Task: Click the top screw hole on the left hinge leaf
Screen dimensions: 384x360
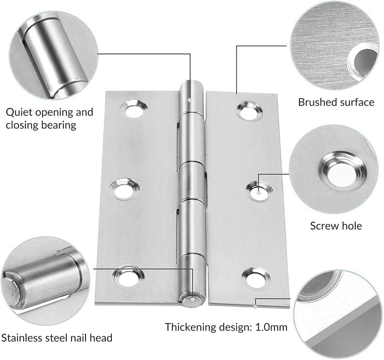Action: [134, 110]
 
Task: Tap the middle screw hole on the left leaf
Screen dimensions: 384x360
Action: [124, 189]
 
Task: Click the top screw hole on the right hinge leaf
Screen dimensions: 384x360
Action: [250, 112]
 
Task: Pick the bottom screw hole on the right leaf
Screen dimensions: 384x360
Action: [255, 278]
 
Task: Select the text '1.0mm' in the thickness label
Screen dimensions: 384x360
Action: [271, 327]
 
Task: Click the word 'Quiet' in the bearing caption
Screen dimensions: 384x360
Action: [19, 112]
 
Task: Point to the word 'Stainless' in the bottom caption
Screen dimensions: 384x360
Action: [22, 338]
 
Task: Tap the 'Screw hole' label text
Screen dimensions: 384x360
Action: [336, 226]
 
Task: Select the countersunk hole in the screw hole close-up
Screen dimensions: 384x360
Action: [343, 173]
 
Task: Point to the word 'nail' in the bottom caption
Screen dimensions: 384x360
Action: [78, 338]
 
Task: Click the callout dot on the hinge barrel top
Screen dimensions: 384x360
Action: [189, 100]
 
